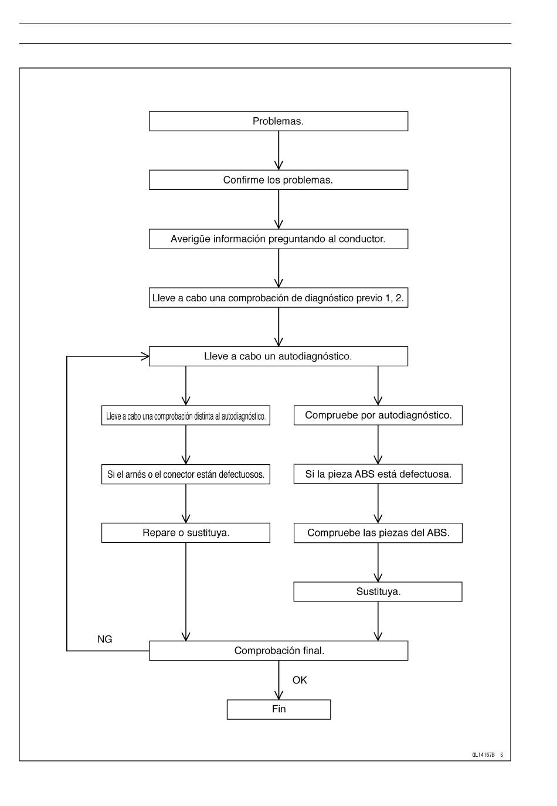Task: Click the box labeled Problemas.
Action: click(x=278, y=121)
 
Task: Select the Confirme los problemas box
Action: click(x=278, y=179)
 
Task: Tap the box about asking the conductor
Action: click(x=278, y=239)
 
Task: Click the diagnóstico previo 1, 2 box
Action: click(x=278, y=297)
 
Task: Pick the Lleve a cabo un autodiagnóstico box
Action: click(x=278, y=356)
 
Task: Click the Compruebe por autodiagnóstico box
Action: click(x=378, y=415)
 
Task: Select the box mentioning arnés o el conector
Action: click(x=186, y=474)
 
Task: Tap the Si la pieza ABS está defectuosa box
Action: click(x=378, y=474)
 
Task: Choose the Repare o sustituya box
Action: click(x=186, y=533)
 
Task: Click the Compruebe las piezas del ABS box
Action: click(x=378, y=533)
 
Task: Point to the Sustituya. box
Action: click(x=378, y=591)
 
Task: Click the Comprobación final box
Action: click(x=278, y=651)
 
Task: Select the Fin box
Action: click(x=278, y=709)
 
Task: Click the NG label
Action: click(x=105, y=639)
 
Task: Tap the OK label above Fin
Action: click(x=300, y=680)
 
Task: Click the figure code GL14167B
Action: click(x=483, y=755)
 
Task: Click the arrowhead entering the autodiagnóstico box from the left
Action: click(x=145, y=356)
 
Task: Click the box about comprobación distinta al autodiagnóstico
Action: click(x=186, y=415)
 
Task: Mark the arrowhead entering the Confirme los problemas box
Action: click(x=278, y=165)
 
